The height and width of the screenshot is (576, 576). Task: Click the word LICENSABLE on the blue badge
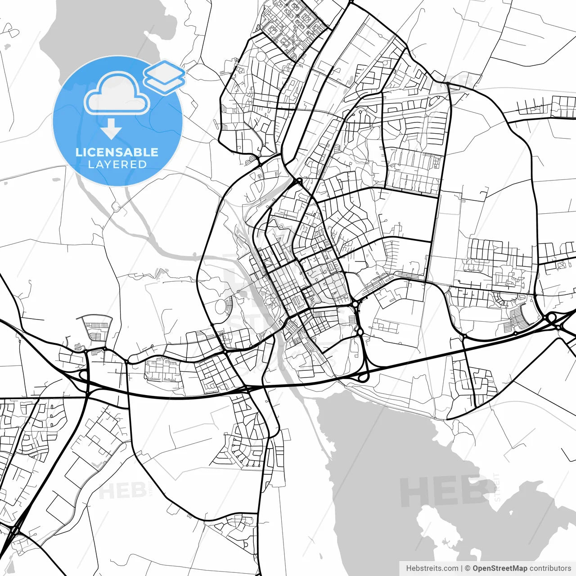(117, 152)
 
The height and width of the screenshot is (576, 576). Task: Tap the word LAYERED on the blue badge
(117, 164)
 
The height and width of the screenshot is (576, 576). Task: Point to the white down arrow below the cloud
(111, 130)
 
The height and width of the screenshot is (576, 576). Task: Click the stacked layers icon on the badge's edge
(164, 76)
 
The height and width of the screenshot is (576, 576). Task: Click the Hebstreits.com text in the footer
(432, 568)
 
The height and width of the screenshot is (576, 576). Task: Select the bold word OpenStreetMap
(499, 568)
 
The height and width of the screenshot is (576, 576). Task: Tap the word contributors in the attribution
(550, 568)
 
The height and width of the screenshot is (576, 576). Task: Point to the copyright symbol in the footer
(468, 568)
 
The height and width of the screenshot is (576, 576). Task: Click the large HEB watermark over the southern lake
(443, 491)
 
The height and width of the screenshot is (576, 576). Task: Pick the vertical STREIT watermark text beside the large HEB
(497, 487)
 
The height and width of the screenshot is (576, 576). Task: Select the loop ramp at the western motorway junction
(83, 375)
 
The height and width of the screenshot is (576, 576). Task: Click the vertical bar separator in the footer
(462, 568)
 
